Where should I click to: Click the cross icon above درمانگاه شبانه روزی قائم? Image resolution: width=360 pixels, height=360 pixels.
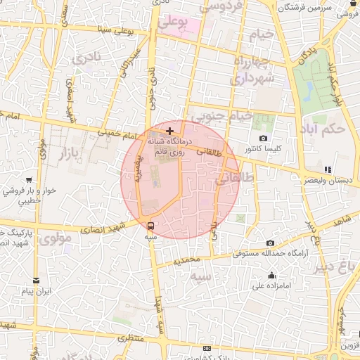point(169,131)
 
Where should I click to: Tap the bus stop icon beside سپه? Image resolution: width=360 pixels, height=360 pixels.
point(150,226)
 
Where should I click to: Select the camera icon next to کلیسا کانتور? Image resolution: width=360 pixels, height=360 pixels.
point(263,139)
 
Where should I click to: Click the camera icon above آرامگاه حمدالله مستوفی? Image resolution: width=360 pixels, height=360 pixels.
point(270,243)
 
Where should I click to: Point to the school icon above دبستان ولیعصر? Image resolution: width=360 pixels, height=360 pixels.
point(328,169)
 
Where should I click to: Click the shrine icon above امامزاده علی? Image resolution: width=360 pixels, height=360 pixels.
point(271,275)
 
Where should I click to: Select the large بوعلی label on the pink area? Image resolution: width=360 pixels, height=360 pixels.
point(173,23)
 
